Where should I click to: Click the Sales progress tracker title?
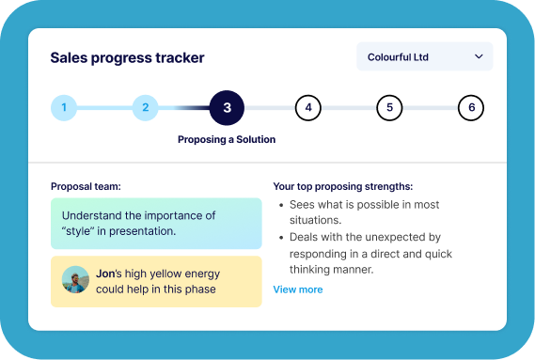(127, 57)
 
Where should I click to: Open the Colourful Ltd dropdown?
(424, 56)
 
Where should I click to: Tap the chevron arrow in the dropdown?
(479, 56)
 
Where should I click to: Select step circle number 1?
(64, 108)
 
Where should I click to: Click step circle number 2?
(145, 108)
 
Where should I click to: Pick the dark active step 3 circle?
(227, 108)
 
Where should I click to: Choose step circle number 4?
(307, 108)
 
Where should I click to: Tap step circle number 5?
(389, 108)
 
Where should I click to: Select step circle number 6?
(471, 108)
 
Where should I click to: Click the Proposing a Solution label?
(227, 139)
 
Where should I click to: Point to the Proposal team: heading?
(86, 186)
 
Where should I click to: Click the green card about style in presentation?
(156, 223)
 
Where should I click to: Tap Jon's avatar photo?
(75, 280)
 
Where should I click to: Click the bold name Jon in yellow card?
(104, 274)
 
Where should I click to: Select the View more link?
(297, 290)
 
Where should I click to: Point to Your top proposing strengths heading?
(342, 186)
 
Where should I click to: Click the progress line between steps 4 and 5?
(348, 108)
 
